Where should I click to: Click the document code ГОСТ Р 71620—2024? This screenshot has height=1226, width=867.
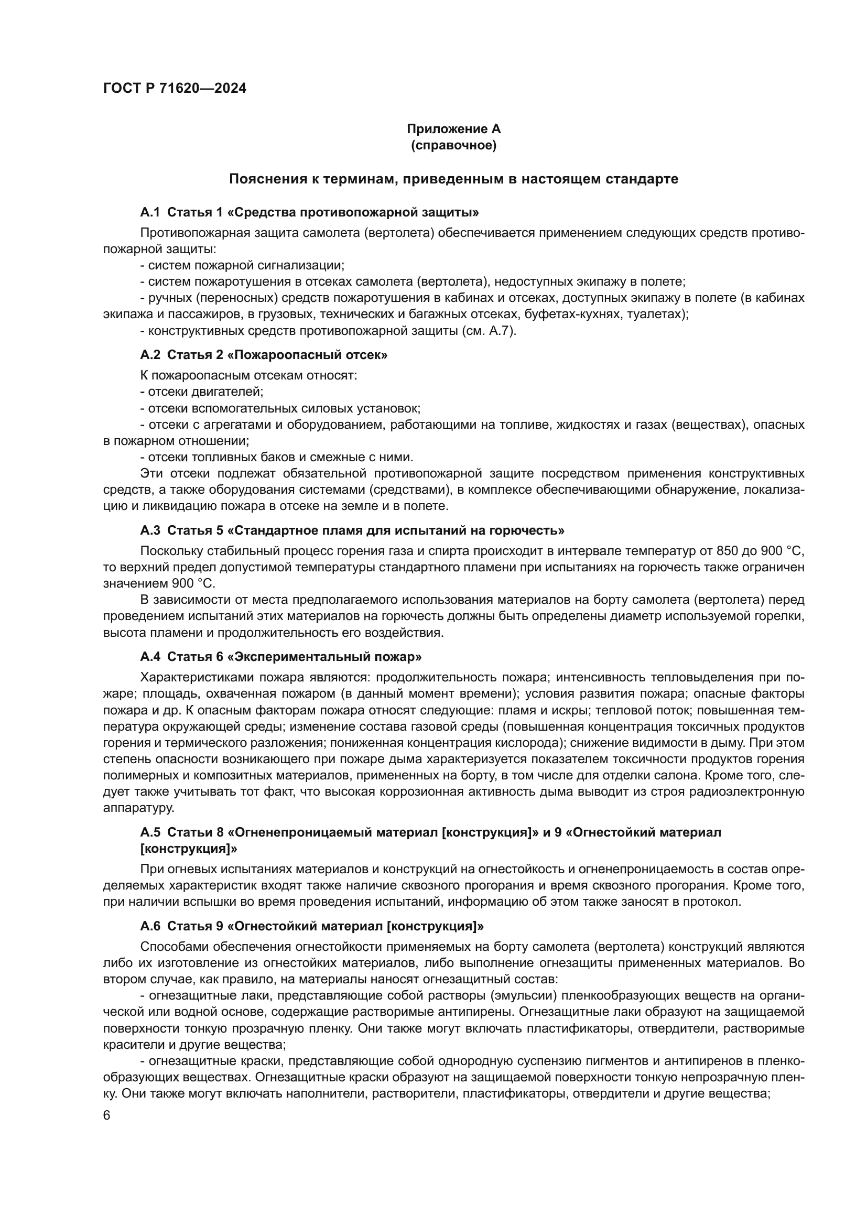pyautogui.click(x=175, y=89)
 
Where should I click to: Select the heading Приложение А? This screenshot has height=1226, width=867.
pyautogui.click(x=453, y=129)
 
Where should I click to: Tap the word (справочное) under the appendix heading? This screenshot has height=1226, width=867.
pyautogui.click(x=453, y=145)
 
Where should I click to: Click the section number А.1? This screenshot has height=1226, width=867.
pyautogui.click(x=150, y=212)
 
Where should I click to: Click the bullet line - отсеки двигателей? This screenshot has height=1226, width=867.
pyautogui.click(x=202, y=392)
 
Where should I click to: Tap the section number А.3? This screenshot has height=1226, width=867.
pyautogui.click(x=150, y=530)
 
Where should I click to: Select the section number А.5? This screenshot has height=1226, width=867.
pyautogui.click(x=150, y=832)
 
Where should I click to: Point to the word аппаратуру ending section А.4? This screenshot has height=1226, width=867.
pyautogui.click(x=139, y=808)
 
